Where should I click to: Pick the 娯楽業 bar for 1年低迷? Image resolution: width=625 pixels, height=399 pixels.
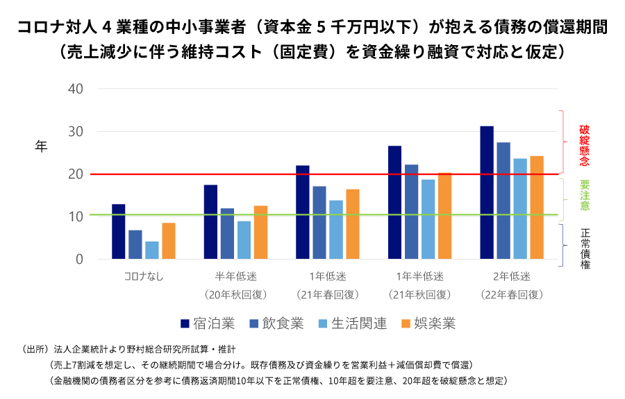pyautogui.click(x=353, y=224)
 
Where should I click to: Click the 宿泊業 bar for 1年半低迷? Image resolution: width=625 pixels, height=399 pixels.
pyautogui.click(x=394, y=203)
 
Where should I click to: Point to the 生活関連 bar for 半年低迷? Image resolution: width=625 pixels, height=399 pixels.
pyautogui.click(x=244, y=240)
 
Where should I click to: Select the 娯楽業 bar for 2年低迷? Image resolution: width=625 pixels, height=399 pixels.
pyautogui.click(x=537, y=207)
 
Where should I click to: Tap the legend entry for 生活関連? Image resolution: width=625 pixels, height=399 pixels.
pyautogui.click(x=352, y=323)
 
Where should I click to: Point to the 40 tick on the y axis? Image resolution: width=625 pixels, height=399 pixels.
pyautogui.click(x=76, y=89)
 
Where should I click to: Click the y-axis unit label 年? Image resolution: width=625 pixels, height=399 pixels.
pyautogui.click(x=42, y=146)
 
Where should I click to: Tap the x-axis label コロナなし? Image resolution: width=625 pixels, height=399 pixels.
pyautogui.click(x=144, y=277)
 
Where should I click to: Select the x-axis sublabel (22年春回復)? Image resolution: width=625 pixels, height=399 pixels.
pyautogui.click(x=512, y=294)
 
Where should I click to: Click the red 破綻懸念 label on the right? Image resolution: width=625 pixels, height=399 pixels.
pyautogui.click(x=585, y=146)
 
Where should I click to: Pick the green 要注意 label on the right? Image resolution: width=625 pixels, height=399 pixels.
pyautogui.click(x=585, y=196)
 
